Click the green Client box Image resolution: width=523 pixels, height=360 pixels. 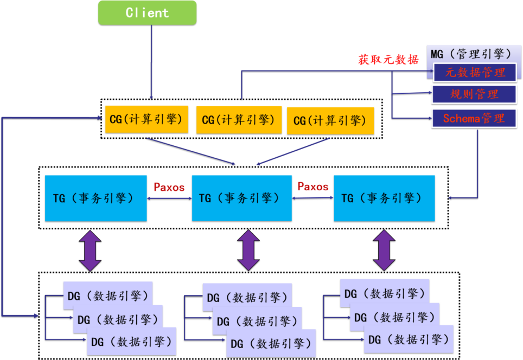(147, 12)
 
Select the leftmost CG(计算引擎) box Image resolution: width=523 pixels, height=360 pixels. (146, 120)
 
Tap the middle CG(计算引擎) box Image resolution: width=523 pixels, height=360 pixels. (238, 120)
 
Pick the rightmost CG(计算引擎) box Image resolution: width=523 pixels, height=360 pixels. (330, 121)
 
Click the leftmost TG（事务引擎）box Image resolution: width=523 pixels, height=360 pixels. (95, 198)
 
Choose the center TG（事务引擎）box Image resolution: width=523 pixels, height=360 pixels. (241, 198)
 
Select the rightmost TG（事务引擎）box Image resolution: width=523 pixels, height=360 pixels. (384, 198)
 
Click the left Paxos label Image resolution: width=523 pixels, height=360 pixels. (169, 188)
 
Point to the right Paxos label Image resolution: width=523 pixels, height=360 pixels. (313, 187)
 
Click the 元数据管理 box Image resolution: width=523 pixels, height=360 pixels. (475, 72)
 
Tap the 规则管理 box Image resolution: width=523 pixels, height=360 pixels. (474, 94)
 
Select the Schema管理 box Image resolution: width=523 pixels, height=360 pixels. (474, 118)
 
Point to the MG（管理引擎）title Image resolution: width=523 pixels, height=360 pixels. (470, 54)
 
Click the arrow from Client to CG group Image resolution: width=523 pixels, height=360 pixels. (151, 60)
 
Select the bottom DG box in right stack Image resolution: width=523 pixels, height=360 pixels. (408, 340)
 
